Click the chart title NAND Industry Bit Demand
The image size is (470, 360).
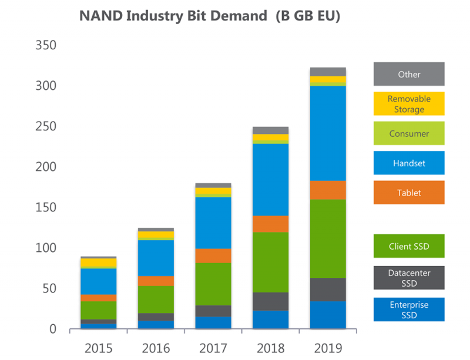pyautogui.click(x=173, y=16)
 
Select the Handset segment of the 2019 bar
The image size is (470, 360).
pyautogui.click(x=328, y=133)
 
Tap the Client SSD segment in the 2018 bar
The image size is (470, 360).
pyautogui.click(x=271, y=263)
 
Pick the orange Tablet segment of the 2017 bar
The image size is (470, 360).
pyautogui.click(x=213, y=255)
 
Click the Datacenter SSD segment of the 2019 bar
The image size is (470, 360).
pyautogui.click(x=328, y=290)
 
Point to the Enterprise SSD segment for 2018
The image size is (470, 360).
pyautogui.click(x=271, y=319)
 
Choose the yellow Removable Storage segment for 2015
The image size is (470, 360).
pyautogui.click(x=99, y=263)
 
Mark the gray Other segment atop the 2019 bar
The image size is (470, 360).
pyautogui.click(x=328, y=72)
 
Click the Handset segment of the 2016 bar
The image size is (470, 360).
pyautogui.click(x=156, y=258)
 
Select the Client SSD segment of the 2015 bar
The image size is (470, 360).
pyautogui.click(x=99, y=310)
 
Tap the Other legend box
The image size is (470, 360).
pyautogui.click(x=409, y=74)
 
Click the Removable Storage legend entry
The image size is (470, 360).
pyautogui.click(x=409, y=104)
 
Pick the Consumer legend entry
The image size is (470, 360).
pyautogui.click(x=409, y=133)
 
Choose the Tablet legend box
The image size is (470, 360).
pyautogui.click(x=409, y=193)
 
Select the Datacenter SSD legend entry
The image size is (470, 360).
pyautogui.click(x=409, y=278)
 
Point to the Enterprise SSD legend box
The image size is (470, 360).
pyautogui.click(x=409, y=309)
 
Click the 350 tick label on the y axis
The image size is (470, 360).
pyautogui.click(x=46, y=45)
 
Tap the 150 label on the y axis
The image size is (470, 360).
pyautogui.click(x=46, y=207)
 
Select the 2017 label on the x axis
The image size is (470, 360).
pyautogui.click(x=213, y=348)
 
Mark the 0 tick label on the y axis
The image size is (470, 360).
pyautogui.click(x=53, y=329)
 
